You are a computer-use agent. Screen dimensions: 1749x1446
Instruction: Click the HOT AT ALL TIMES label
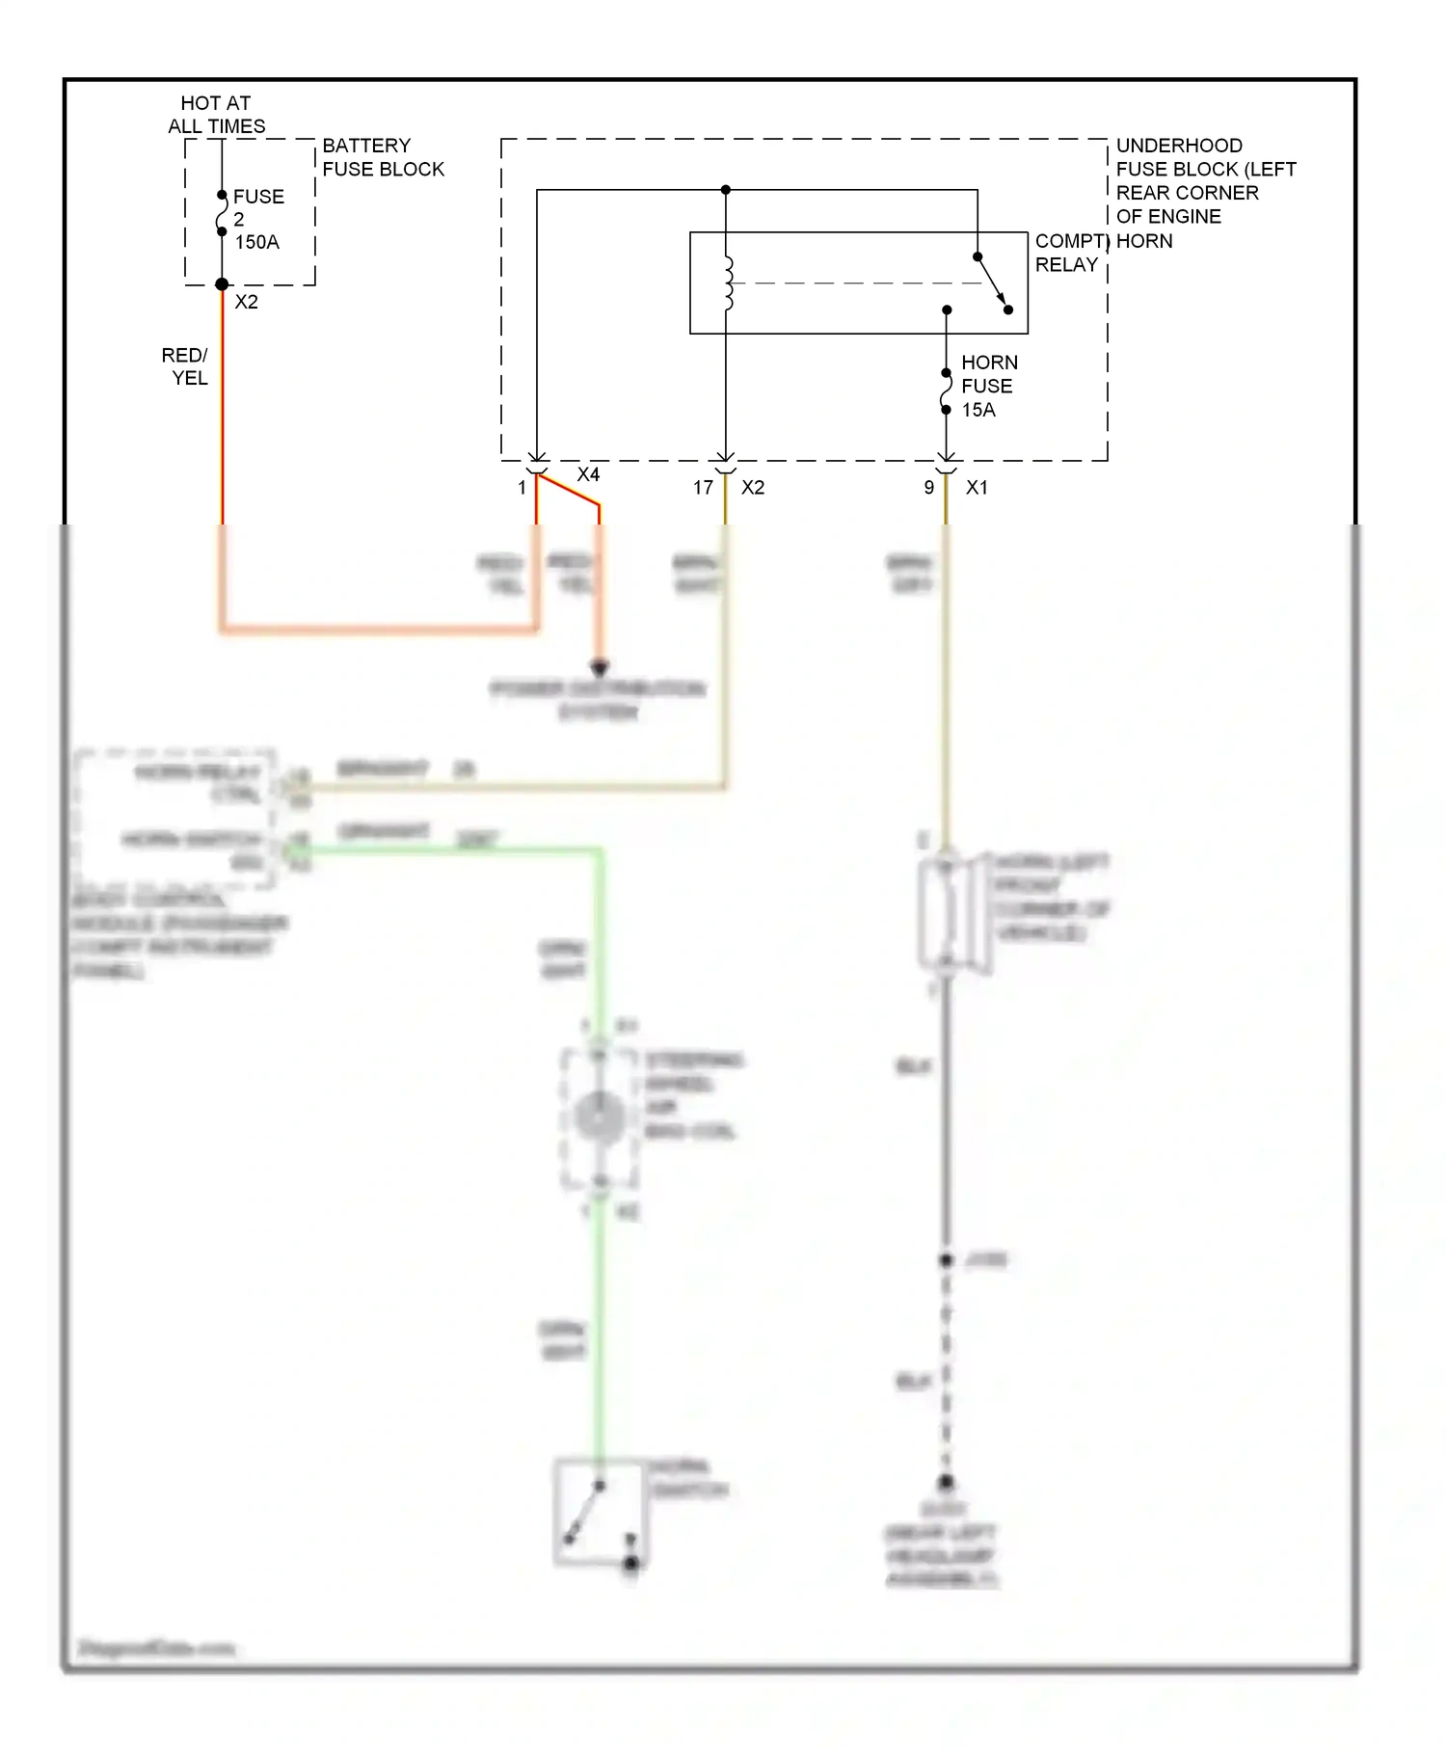coord(216,115)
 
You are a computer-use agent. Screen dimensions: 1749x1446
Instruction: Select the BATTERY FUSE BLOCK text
coord(383,157)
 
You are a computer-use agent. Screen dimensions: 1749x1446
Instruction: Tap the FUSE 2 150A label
coord(258,219)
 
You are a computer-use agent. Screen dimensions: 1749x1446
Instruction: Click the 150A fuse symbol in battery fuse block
coord(222,213)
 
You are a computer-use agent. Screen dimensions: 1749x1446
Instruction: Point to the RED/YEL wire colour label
coord(185,366)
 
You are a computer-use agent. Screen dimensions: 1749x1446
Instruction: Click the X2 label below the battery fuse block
coord(247,302)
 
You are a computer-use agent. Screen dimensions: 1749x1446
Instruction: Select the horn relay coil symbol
coord(728,283)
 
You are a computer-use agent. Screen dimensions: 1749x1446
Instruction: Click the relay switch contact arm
coord(993,283)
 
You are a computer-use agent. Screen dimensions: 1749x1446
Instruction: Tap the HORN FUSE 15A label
coord(988,386)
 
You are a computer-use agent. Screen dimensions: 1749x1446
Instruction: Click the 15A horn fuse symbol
coord(947,391)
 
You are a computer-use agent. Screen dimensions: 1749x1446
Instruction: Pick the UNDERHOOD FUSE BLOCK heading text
coord(1205,180)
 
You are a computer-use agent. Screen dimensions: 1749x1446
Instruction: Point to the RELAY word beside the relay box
coord(1066,264)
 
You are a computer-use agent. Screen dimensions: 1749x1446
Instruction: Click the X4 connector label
coord(588,474)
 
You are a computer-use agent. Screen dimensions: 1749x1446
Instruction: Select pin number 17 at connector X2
coord(703,488)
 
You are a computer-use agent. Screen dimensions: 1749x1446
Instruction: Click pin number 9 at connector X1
coord(929,488)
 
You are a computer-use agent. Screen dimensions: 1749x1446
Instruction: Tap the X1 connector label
coord(977,488)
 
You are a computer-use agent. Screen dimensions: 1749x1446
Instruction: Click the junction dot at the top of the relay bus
coord(726,190)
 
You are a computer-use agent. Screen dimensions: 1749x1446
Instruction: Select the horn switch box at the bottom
coord(598,1511)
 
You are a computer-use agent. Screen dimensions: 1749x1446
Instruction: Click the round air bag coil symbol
coord(599,1117)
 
